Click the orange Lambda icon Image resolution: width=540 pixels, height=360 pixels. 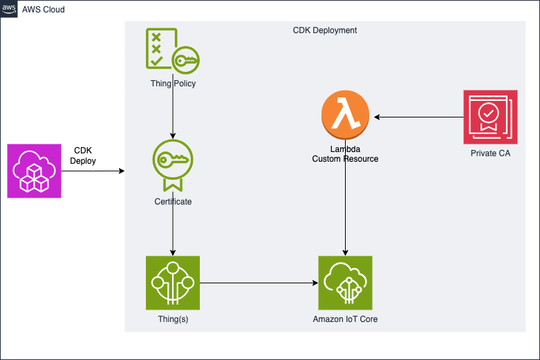click(345, 117)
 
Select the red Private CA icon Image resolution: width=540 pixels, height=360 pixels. click(490, 117)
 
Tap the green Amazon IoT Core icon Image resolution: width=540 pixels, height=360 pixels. click(345, 283)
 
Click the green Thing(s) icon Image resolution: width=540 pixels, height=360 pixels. click(172, 283)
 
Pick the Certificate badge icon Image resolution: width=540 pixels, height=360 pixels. click(172, 165)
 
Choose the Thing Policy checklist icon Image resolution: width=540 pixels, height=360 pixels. click(172, 50)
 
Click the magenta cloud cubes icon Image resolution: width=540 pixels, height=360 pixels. click(34, 171)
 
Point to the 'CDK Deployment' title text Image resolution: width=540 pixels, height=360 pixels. click(325, 31)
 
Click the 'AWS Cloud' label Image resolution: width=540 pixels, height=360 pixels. click(43, 9)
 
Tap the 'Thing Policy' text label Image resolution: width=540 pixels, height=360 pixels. click(172, 84)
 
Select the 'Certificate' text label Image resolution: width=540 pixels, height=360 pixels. click(172, 202)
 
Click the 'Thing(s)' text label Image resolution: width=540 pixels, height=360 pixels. click(172, 319)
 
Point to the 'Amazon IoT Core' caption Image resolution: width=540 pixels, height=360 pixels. click(345, 319)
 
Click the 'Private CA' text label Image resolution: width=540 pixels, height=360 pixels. click(490, 153)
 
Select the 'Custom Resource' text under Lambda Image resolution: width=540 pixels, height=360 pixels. click(345, 159)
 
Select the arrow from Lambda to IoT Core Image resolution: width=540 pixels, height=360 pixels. click(345, 207)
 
